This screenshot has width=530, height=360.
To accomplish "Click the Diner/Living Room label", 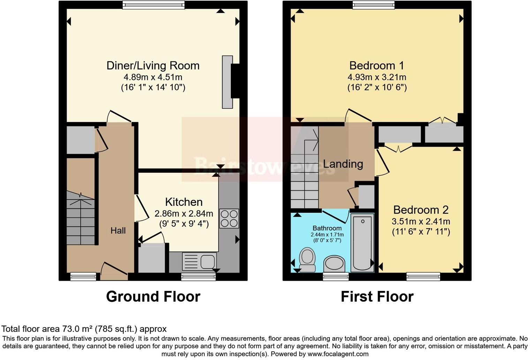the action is pos(153,66).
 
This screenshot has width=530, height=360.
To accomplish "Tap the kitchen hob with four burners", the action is pos(229,218).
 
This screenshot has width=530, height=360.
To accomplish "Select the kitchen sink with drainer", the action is pos(199,262).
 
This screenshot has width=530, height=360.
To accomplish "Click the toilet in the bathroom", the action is pos(307,260).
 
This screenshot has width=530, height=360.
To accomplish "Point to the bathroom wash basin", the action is pos(334,264).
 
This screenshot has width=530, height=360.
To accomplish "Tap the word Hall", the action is pos(118,231).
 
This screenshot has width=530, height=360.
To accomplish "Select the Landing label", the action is pos(343,164).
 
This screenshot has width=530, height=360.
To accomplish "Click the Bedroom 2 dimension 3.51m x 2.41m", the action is pos(421,222).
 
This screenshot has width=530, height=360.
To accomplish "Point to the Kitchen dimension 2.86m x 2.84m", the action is pos(184,214).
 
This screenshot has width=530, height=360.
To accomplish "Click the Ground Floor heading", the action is pos(153,297).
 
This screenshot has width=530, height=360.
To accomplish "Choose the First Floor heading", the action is pos(377,297).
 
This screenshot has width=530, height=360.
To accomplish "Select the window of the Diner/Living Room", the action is pos(153,5).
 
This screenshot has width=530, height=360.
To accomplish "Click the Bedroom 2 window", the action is pos(423,276).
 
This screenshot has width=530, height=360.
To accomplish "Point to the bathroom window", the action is pos(336,276).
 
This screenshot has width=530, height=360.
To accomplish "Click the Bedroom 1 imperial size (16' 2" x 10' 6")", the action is pos(377,88).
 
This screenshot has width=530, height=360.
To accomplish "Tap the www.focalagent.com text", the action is pos(338,354).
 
